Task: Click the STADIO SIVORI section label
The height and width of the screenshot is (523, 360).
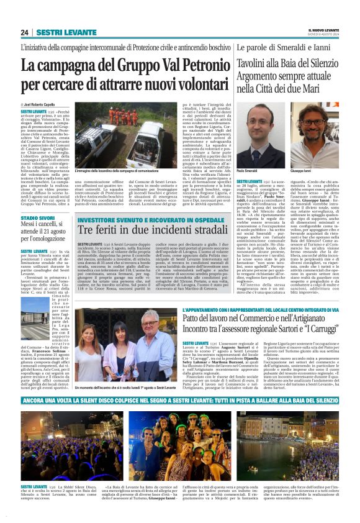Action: click(36, 219)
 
